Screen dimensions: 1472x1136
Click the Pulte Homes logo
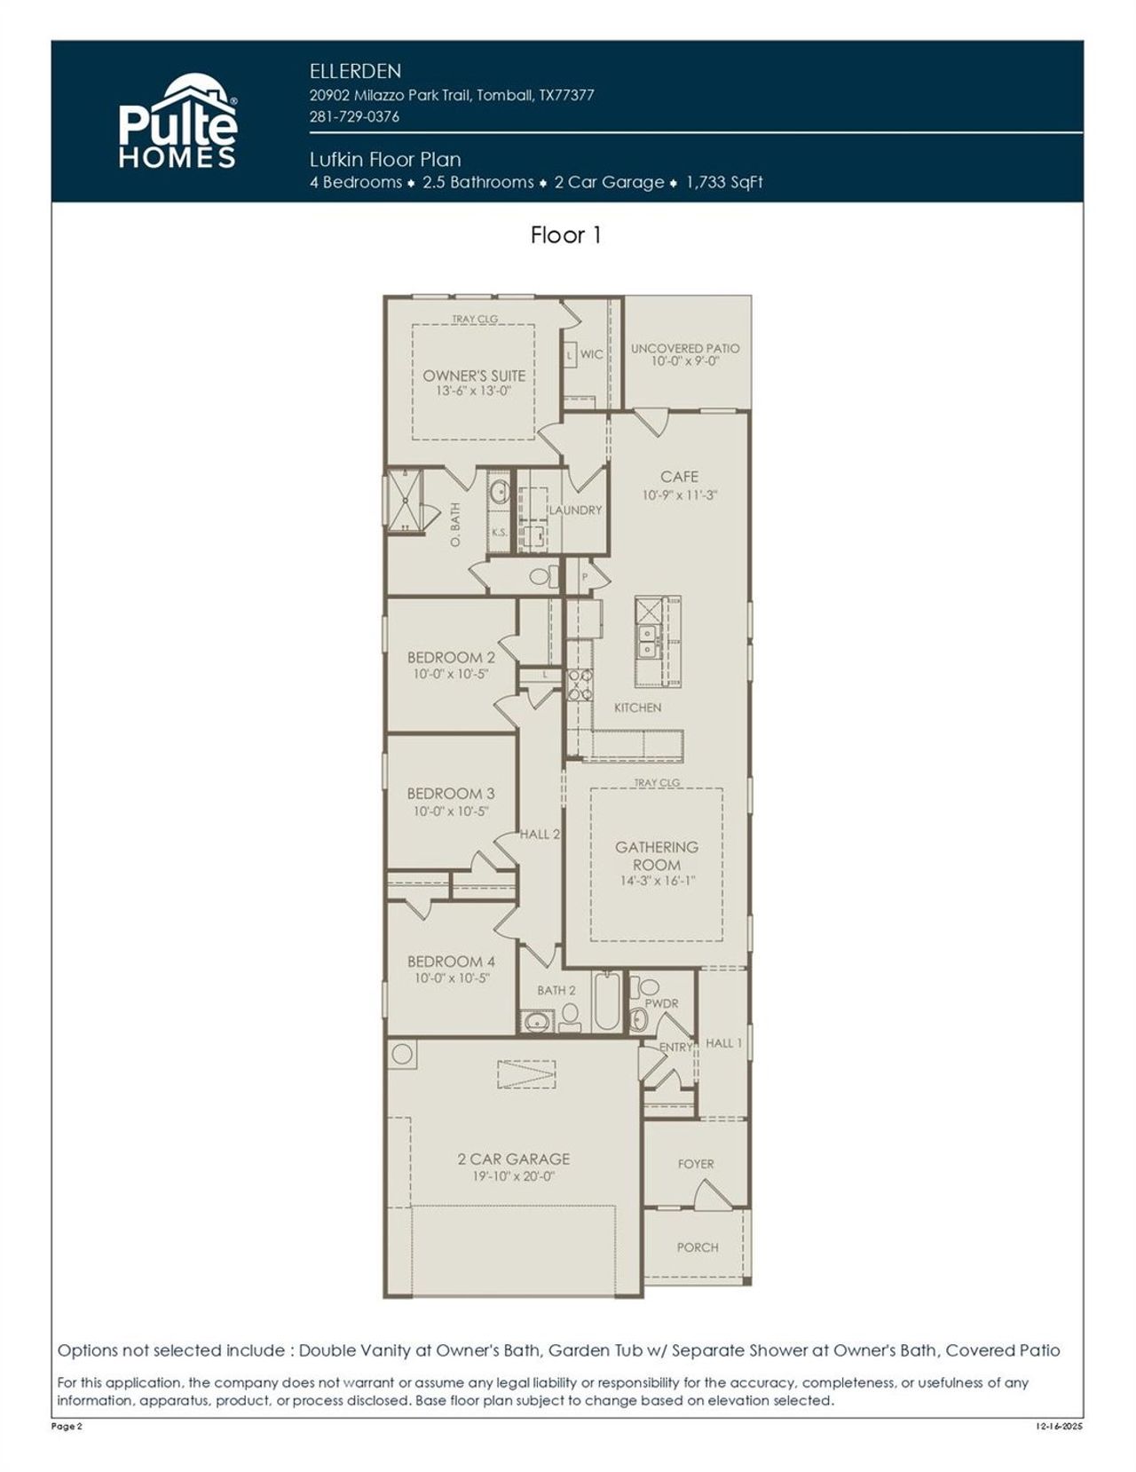[x=177, y=123]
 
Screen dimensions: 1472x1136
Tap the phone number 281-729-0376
[x=354, y=116]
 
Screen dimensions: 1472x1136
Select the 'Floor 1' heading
[x=566, y=235]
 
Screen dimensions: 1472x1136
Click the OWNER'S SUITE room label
[x=474, y=376]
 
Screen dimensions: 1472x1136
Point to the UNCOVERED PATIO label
[x=684, y=349]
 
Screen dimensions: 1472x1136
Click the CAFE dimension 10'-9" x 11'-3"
[x=679, y=495]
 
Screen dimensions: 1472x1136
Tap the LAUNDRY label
[x=575, y=510]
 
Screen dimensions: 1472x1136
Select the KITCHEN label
[x=637, y=708]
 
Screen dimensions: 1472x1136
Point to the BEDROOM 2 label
[x=451, y=658]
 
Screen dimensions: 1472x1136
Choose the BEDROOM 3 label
[x=451, y=794]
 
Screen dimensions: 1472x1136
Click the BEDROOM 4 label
[x=451, y=962]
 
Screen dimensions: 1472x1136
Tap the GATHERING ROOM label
[x=657, y=856]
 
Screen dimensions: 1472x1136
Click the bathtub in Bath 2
[x=607, y=1003]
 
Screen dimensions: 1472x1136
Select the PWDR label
[x=661, y=1003]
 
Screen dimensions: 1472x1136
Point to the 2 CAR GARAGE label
[x=513, y=1159]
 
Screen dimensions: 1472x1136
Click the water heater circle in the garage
[x=402, y=1055]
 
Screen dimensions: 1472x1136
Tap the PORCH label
[x=698, y=1247]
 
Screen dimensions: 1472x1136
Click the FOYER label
[x=696, y=1164]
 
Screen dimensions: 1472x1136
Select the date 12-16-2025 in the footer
[x=1059, y=1427]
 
